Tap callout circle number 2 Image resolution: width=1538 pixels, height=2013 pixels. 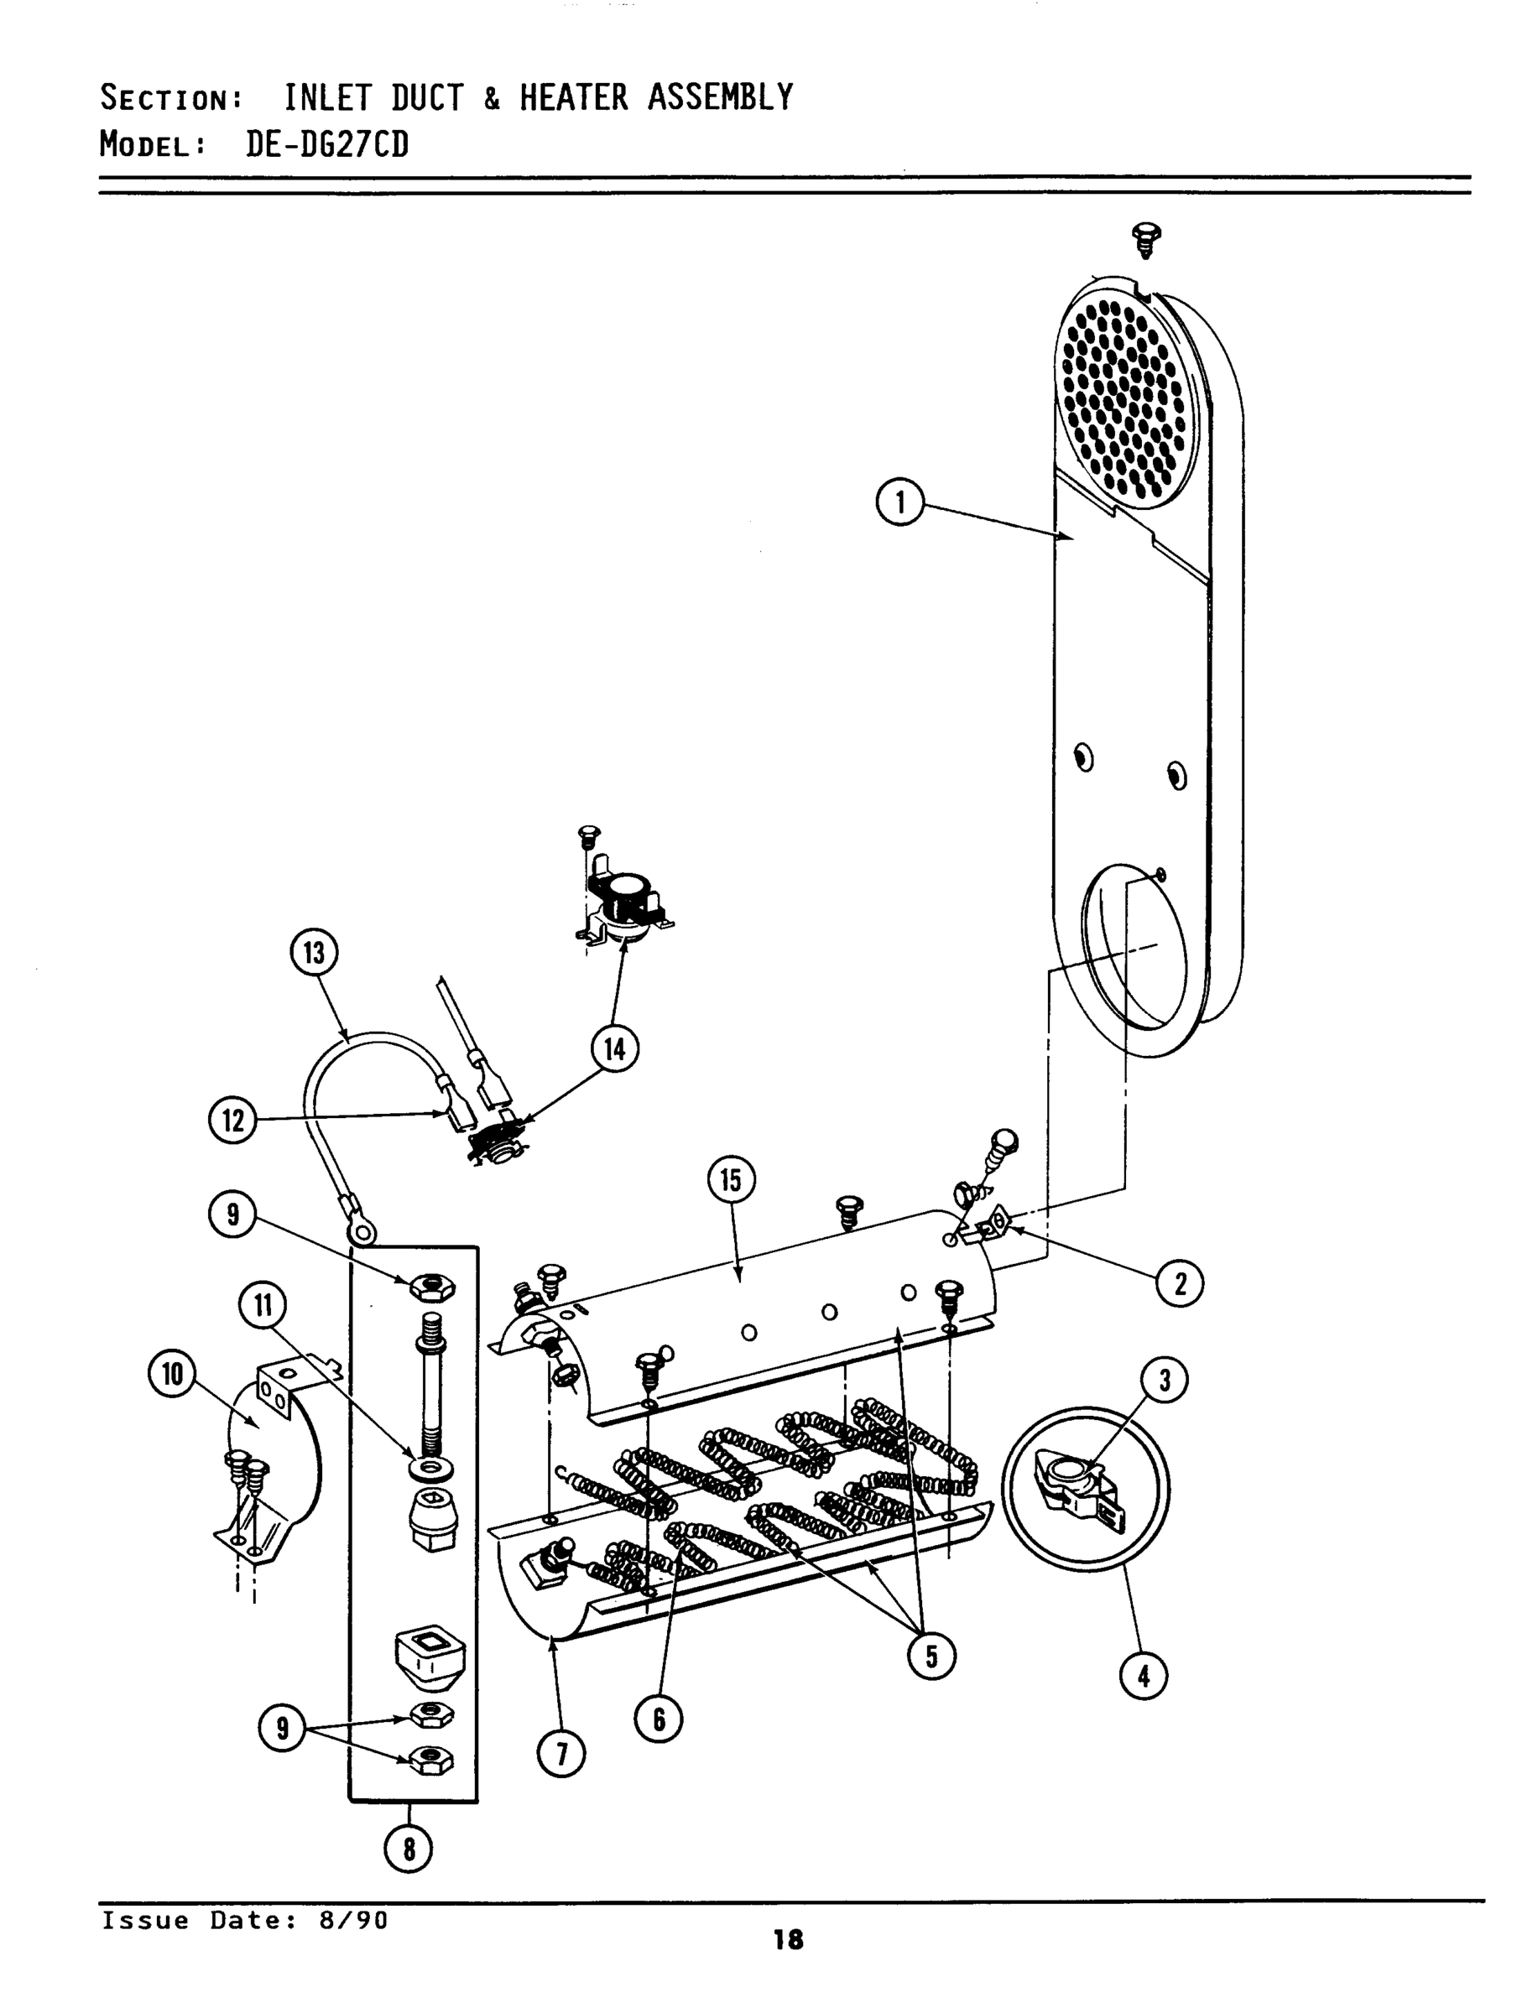[1179, 1284]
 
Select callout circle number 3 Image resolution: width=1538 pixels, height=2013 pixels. [1165, 1380]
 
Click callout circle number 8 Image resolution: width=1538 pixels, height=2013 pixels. [409, 1849]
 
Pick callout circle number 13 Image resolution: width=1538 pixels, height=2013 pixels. [314, 953]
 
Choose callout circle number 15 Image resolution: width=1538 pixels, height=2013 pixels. [731, 1180]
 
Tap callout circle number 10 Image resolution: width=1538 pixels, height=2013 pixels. [172, 1375]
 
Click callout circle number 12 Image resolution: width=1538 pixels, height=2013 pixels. [232, 1120]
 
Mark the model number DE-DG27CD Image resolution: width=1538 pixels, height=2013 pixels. [327, 144]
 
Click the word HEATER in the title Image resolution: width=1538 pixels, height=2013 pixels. [573, 97]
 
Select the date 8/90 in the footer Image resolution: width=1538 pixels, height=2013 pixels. [352, 1920]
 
